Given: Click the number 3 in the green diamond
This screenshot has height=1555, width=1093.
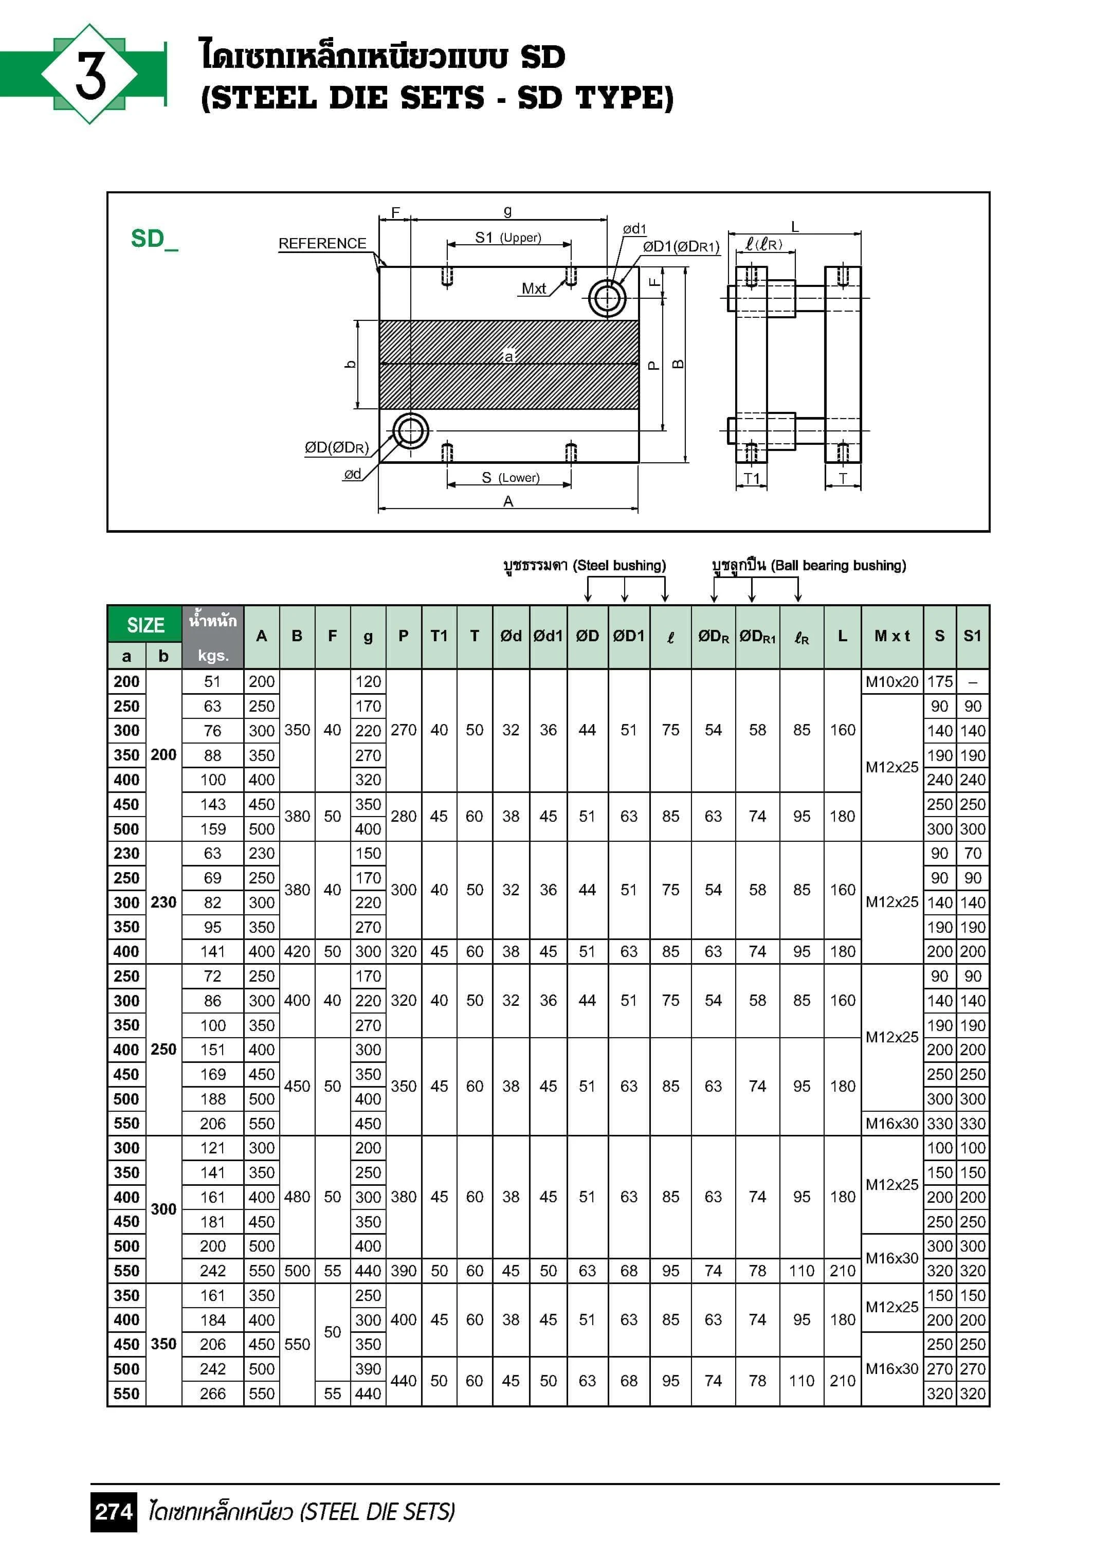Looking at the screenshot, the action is (90, 75).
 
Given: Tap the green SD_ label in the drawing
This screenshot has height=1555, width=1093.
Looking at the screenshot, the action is (154, 239).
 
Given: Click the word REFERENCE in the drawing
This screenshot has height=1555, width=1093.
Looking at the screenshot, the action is (322, 243).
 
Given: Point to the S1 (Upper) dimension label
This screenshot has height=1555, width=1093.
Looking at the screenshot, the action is (508, 238).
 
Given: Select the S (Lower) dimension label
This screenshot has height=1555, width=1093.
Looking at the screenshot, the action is (511, 478).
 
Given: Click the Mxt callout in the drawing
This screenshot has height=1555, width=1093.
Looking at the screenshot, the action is (534, 288).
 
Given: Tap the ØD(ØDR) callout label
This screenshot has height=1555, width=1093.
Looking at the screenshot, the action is (337, 448).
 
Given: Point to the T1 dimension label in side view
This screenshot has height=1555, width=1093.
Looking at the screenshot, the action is (752, 478).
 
